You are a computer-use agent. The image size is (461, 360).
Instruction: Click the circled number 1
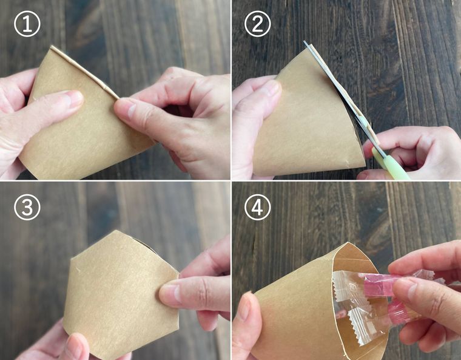(27, 24)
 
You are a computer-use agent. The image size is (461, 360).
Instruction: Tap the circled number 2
(258, 24)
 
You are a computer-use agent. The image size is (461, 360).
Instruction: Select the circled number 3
(27, 207)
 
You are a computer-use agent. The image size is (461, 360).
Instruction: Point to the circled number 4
(258, 207)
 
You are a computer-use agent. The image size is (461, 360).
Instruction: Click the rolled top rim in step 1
(84, 72)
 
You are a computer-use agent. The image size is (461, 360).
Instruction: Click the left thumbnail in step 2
(272, 90)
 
